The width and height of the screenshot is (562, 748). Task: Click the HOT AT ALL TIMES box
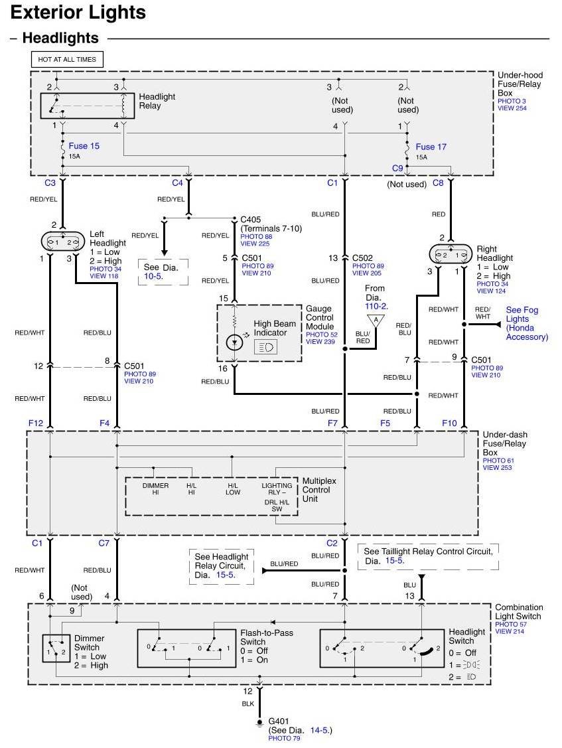pyautogui.click(x=67, y=59)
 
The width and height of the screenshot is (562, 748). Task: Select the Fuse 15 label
pyautogui.click(x=84, y=145)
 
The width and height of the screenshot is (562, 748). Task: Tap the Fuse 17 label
pyautogui.click(x=431, y=147)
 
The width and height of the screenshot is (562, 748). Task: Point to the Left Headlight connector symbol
pyautogui.click(x=63, y=242)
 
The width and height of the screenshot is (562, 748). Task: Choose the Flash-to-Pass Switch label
pyautogui.click(x=266, y=637)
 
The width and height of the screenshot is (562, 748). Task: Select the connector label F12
pyautogui.click(x=35, y=422)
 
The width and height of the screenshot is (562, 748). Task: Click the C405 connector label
pyautogui.click(x=251, y=219)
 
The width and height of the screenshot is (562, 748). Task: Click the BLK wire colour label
pyautogui.click(x=248, y=703)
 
